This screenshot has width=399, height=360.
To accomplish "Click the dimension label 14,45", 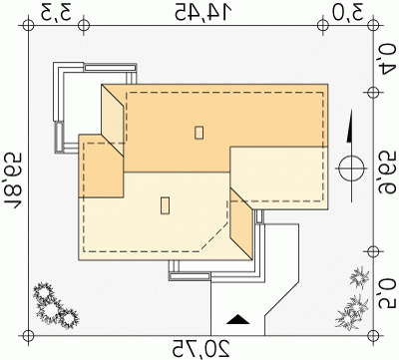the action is pyautogui.click(x=202, y=12).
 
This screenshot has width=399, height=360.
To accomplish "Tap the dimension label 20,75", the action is pyautogui.click(x=201, y=349).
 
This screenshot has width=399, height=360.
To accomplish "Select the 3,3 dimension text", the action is pyautogui.click(x=56, y=12).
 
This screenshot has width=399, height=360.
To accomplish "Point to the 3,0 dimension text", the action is pyautogui.click(x=347, y=12).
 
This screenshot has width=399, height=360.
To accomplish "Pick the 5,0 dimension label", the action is pyautogui.click(x=387, y=294).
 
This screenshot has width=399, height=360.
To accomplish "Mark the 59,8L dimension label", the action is pyautogui.click(x=13, y=180).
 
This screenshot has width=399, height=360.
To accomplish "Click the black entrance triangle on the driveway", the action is pyautogui.click(x=237, y=319).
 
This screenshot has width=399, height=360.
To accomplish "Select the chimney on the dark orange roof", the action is pyautogui.click(x=199, y=133).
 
